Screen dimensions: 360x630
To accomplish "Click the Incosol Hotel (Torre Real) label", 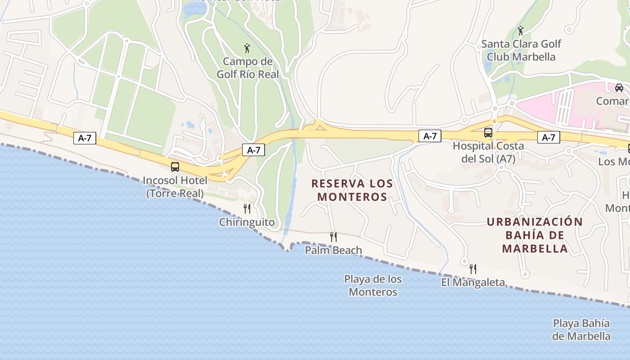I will point(175,187).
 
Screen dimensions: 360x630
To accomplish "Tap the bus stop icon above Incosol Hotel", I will point(175,167).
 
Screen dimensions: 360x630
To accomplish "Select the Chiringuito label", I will point(247,222).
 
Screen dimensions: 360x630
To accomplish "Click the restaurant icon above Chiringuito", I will point(247,208).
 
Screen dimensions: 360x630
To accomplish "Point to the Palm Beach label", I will point(333,250).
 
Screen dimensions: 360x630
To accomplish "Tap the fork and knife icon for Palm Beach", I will point(333,237).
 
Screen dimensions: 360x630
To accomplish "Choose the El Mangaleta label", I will point(473,283).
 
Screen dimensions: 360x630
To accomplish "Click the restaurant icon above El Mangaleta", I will point(473,269).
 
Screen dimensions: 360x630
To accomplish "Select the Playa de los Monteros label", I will point(373,285).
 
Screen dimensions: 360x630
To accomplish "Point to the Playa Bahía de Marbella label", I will point(581,329).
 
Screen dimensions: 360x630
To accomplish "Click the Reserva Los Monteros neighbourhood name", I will point(352,190).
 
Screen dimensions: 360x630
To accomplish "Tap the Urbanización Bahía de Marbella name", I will point(535,235).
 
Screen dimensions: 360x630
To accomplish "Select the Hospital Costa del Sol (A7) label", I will point(488,152).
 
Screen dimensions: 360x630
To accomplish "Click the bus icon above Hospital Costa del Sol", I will point(488,133).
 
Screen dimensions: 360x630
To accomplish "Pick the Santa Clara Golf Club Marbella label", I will point(521,50).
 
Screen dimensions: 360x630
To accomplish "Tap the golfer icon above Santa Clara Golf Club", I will point(521,31).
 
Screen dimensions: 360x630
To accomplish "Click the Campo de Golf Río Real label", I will point(248,67).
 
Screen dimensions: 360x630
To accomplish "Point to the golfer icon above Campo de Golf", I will point(247,48).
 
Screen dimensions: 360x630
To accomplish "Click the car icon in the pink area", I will point(619,87).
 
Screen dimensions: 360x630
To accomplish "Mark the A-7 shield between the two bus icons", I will point(430,136).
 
